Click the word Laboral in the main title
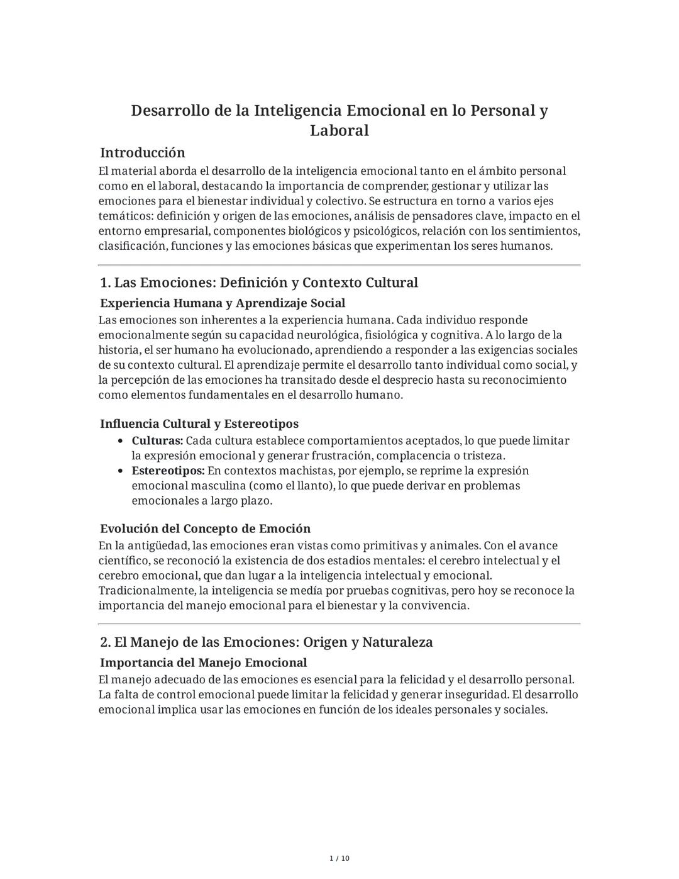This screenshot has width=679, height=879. tap(339, 131)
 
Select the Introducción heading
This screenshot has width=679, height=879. tap(143, 153)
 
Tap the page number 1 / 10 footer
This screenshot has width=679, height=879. tap(339, 858)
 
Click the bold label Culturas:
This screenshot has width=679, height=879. tap(157, 441)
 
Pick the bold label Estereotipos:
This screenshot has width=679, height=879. tap(168, 471)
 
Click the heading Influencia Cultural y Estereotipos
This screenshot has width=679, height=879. tap(199, 423)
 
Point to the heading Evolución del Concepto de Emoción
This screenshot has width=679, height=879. tap(205, 529)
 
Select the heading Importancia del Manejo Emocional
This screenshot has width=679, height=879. tap(203, 663)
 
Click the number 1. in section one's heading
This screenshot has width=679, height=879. tap(105, 283)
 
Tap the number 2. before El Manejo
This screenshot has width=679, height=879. tap(106, 642)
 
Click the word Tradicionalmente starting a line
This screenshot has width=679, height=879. tap(146, 591)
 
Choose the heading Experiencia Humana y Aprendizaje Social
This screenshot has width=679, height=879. tap(223, 303)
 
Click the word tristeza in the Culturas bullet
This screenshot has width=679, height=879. tap(482, 456)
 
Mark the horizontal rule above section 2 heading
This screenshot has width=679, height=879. tap(339, 624)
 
